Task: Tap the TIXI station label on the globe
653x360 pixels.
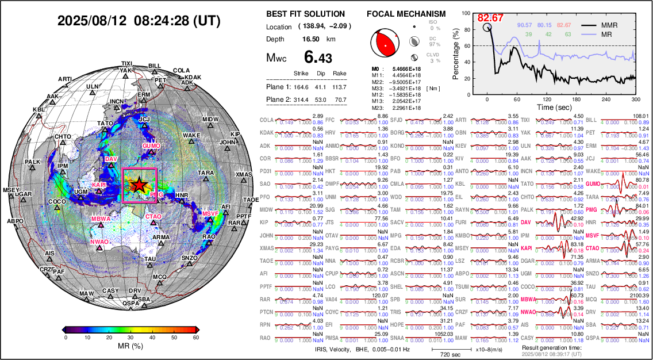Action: (x=127, y=63)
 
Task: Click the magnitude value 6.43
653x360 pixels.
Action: (x=318, y=58)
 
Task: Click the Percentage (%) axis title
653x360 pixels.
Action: (x=456, y=54)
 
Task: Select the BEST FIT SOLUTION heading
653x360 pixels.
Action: (x=306, y=14)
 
